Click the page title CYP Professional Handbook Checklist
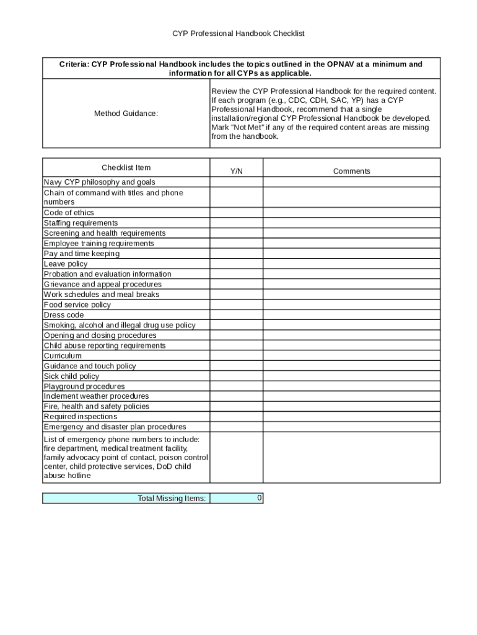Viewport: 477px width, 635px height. (239, 33)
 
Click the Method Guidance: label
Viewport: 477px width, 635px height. (126, 113)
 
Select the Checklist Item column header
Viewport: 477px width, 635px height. (126, 167)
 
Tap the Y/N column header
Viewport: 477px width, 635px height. (236, 171)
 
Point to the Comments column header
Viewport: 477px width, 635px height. (351, 171)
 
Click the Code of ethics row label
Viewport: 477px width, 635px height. (69, 213)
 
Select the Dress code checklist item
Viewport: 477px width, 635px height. (64, 315)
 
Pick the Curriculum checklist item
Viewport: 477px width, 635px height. (63, 356)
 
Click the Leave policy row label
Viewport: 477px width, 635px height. (66, 264)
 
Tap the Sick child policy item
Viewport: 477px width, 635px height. (71, 376)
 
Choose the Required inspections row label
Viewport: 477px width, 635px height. (80, 417)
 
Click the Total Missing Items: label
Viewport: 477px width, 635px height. (172, 499)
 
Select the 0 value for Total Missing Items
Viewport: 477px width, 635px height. (259, 498)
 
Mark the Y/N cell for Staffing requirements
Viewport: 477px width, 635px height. (236, 223)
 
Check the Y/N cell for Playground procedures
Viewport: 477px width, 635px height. (236, 386)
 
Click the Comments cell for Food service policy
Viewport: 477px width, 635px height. (351, 304)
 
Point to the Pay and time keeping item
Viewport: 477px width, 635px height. (82, 254)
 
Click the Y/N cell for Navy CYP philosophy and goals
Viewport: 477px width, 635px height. (236, 182)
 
